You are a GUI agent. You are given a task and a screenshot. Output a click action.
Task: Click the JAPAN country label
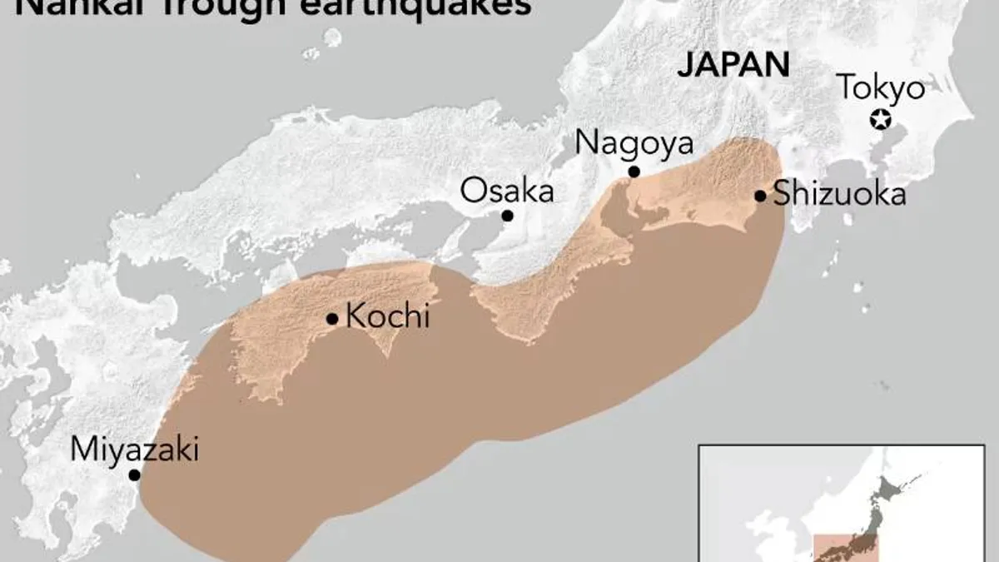pos(733,66)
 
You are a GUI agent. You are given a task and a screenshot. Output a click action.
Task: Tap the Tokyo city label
pos(880,87)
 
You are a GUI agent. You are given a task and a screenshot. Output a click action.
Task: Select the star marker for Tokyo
pos(879,120)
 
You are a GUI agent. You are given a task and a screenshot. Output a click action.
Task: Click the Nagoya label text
pos(634,143)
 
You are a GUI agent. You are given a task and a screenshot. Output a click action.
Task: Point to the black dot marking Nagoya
pos(634,172)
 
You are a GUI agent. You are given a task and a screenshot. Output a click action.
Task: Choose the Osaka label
pos(507,191)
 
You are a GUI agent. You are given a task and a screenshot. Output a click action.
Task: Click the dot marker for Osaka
pos(507,216)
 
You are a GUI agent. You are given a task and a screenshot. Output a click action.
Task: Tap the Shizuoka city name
pos(839,195)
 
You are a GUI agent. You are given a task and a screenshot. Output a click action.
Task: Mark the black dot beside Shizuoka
pos(760,196)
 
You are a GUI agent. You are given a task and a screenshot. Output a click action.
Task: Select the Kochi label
pos(387,317)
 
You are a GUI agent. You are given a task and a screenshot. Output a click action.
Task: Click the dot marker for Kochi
pos(332,318)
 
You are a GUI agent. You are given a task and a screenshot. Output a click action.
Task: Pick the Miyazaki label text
pos(134,450)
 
